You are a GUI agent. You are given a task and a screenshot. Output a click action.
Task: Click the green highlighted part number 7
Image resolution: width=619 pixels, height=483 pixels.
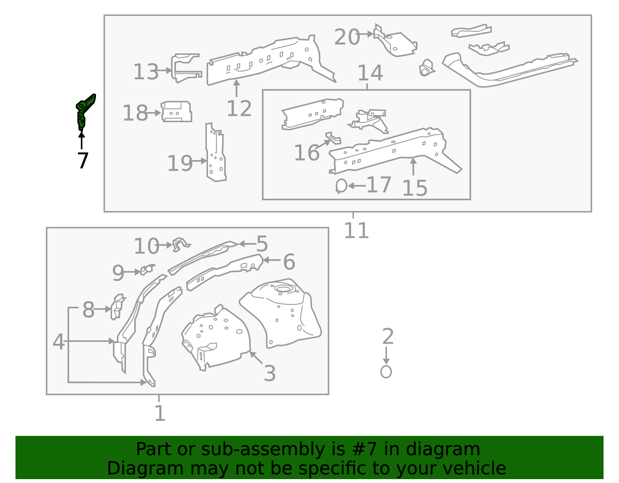pyautogui.click(x=83, y=112)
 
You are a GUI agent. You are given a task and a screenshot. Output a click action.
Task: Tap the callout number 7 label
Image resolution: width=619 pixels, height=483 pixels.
pyautogui.click(x=83, y=160)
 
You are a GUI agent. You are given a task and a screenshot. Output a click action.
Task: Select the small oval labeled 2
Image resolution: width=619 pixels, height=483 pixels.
pyautogui.click(x=386, y=372)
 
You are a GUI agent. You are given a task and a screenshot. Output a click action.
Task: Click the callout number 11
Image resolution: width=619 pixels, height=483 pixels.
pyautogui.click(x=356, y=231)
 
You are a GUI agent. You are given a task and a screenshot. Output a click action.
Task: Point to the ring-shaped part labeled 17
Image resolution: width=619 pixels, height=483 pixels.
pyautogui.click(x=341, y=186)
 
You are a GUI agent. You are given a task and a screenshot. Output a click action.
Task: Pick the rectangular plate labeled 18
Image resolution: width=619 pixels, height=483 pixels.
pyautogui.click(x=176, y=112)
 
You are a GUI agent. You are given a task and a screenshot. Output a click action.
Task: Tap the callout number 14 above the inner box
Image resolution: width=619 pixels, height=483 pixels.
pyautogui.click(x=370, y=73)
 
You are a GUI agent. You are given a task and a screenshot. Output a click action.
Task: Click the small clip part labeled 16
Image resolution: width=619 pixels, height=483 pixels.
pyautogui.click(x=333, y=138)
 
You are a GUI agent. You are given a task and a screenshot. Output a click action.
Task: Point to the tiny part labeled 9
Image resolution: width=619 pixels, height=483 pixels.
pyautogui.click(x=147, y=269)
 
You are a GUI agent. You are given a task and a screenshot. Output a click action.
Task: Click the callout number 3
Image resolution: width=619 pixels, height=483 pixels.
pyautogui.click(x=270, y=374)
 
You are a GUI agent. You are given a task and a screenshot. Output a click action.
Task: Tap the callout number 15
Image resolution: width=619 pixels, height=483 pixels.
pyautogui.click(x=414, y=188)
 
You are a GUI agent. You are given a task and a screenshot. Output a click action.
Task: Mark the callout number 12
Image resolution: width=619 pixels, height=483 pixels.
pyautogui.click(x=239, y=109)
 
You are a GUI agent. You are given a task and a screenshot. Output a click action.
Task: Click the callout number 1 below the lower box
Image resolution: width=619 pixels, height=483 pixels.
pyautogui.click(x=159, y=413)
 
